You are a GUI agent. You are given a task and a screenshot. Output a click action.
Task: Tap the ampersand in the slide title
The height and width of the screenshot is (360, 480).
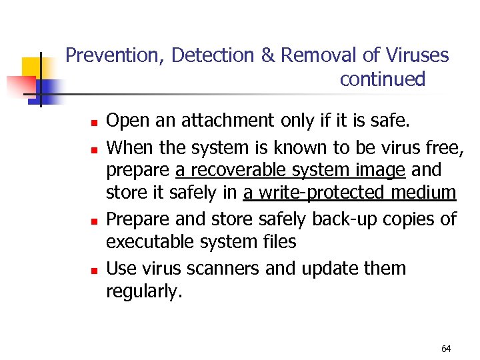point(268,55)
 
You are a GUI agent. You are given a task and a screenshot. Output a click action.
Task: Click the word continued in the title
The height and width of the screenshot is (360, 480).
point(382,79)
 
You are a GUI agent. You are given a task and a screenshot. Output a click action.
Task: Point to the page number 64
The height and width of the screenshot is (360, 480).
point(446,349)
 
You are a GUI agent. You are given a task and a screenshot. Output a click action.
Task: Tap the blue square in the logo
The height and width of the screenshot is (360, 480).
point(51,91)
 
